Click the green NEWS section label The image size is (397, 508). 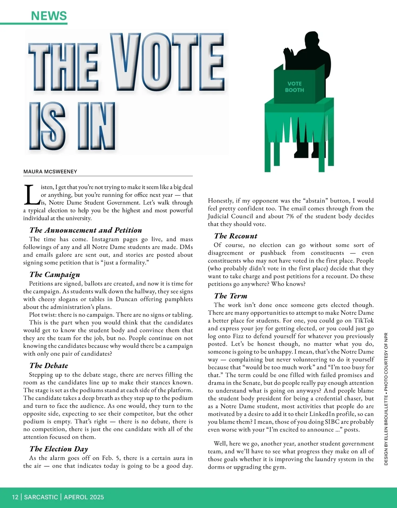tap(49, 16)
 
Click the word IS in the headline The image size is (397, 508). tap(47, 126)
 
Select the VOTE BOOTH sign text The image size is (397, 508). tap(294, 87)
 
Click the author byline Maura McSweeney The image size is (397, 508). tap(50, 171)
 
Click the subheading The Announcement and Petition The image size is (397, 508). tap(86, 230)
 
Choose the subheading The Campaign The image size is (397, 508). tap(55, 274)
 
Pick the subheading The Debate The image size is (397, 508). tap(49, 365)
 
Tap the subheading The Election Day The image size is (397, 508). tap(59, 449)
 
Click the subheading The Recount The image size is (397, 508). tap(236, 236)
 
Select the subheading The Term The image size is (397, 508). tap(231, 296)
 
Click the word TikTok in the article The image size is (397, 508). tap(364, 320)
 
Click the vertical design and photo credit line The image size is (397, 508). tap(386, 399)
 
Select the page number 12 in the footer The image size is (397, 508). tap(15, 497)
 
